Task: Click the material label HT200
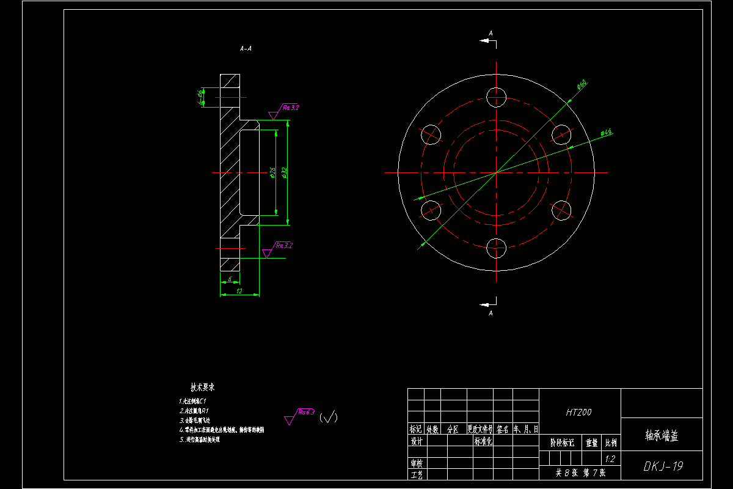coord(578,413)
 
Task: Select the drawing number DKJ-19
coord(663,466)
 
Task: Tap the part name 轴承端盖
coord(662,435)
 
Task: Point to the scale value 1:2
coord(609,458)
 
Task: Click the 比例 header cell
coord(610,443)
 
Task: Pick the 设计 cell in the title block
coord(417,442)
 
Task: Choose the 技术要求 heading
coord(202,388)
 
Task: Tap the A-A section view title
coord(246,48)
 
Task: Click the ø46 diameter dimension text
coord(606,132)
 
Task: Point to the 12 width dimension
coord(239,292)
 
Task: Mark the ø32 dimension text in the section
coord(285,173)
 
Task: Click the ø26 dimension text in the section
coord(272,174)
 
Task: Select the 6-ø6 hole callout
coord(200,97)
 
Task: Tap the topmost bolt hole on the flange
coord(496,97)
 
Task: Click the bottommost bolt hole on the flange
coord(496,248)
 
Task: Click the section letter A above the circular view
coord(490,32)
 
